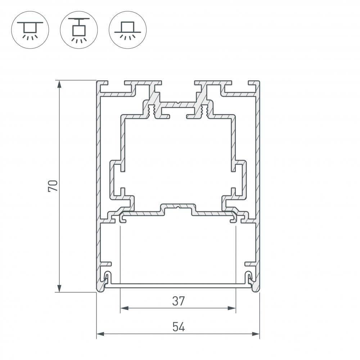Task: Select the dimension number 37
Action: tap(178, 301)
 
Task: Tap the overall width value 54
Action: tap(178, 327)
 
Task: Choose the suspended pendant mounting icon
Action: tap(79, 30)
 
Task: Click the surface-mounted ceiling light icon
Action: tap(30, 30)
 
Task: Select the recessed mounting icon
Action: tap(127, 30)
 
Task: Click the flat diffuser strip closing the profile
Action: tap(178, 285)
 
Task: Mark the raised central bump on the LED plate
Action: tap(178, 208)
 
